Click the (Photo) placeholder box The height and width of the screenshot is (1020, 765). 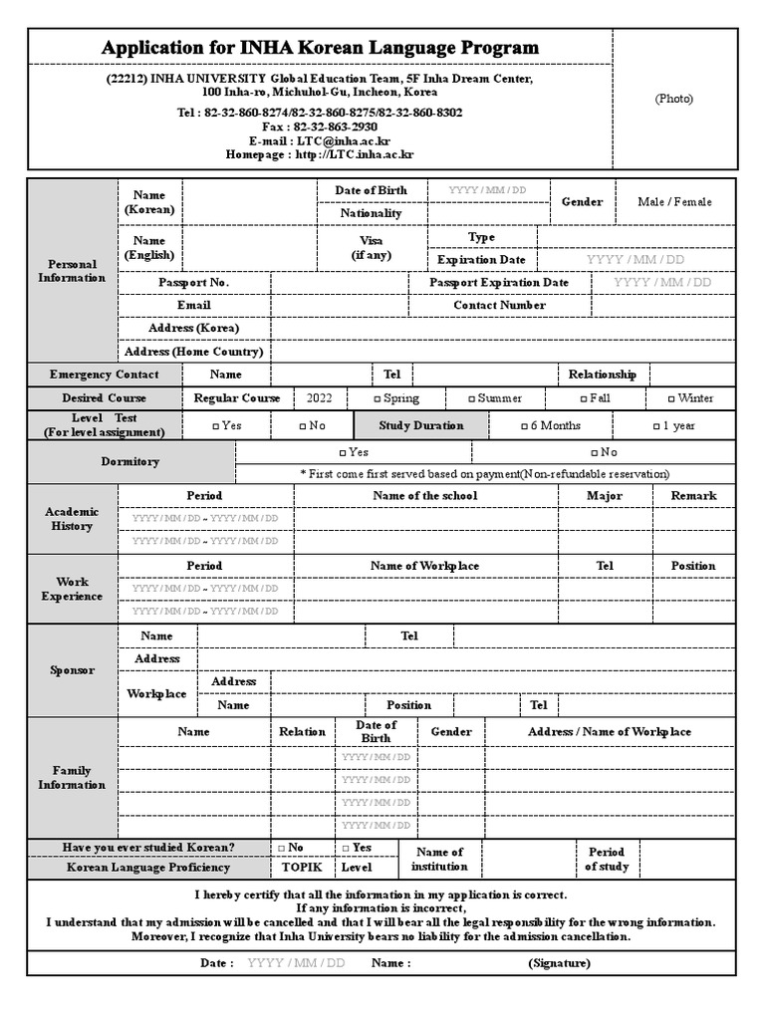click(x=673, y=99)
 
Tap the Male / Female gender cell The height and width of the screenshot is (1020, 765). click(x=674, y=202)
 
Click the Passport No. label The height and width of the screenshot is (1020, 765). click(x=193, y=283)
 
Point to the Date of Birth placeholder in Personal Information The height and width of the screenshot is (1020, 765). click(x=487, y=190)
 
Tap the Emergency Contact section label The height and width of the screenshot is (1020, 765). click(x=105, y=375)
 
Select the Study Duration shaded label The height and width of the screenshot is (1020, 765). click(x=420, y=426)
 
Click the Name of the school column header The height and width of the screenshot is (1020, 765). click(x=424, y=496)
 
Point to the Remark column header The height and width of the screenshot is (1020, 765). click(x=693, y=496)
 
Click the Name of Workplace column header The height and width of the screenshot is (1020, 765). click(x=424, y=566)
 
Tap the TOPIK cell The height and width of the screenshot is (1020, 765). click(x=302, y=868)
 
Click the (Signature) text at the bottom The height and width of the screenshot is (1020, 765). click(x=559, y=963)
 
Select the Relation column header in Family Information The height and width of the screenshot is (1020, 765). click(x=302, y=732)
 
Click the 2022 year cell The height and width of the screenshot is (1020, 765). click(x=320, y=398)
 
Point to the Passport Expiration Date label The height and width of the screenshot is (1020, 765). click(x=499, y=283)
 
